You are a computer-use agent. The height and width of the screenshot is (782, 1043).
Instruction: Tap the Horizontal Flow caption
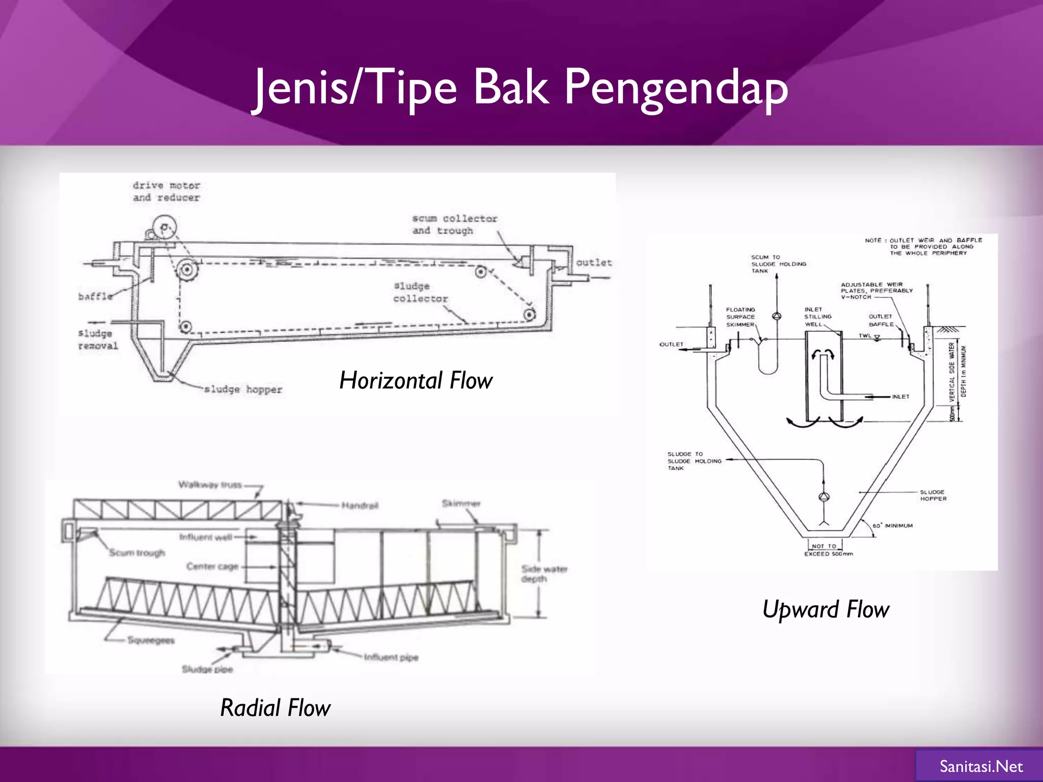pos(416,380)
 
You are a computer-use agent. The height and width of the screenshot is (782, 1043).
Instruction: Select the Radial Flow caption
pos(275,708)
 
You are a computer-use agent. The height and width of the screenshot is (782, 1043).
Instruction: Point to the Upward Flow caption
pos(825,609)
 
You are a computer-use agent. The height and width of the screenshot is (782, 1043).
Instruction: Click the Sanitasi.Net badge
pos(980,766)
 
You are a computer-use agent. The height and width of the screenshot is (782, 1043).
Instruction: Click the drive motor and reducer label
pos(166,191)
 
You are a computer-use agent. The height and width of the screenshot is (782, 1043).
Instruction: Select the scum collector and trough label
pos(454,225)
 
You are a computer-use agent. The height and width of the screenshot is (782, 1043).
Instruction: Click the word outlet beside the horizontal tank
pos(593,263)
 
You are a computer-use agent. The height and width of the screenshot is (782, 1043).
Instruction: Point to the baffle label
pos(95,296)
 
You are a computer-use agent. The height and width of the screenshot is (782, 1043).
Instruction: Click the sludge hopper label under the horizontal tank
pos(243,389)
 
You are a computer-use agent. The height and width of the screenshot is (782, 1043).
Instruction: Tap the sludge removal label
pos(98,340)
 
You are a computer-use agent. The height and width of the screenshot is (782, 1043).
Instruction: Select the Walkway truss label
pos(210,485)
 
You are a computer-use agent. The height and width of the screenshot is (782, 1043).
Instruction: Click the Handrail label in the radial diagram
pos(360,506)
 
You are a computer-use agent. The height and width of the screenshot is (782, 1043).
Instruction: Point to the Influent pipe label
pos(391,657)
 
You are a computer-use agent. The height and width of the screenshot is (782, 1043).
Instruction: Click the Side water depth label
pos(544,574)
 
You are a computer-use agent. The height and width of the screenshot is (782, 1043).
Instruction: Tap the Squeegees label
pos(151,640)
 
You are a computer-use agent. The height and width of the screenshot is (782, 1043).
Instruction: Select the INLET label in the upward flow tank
pos(900,397)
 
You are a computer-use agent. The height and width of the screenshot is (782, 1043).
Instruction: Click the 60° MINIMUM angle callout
pos(892,526)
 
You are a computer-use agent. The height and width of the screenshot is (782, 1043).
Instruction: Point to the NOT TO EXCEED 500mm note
pos(828,550)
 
